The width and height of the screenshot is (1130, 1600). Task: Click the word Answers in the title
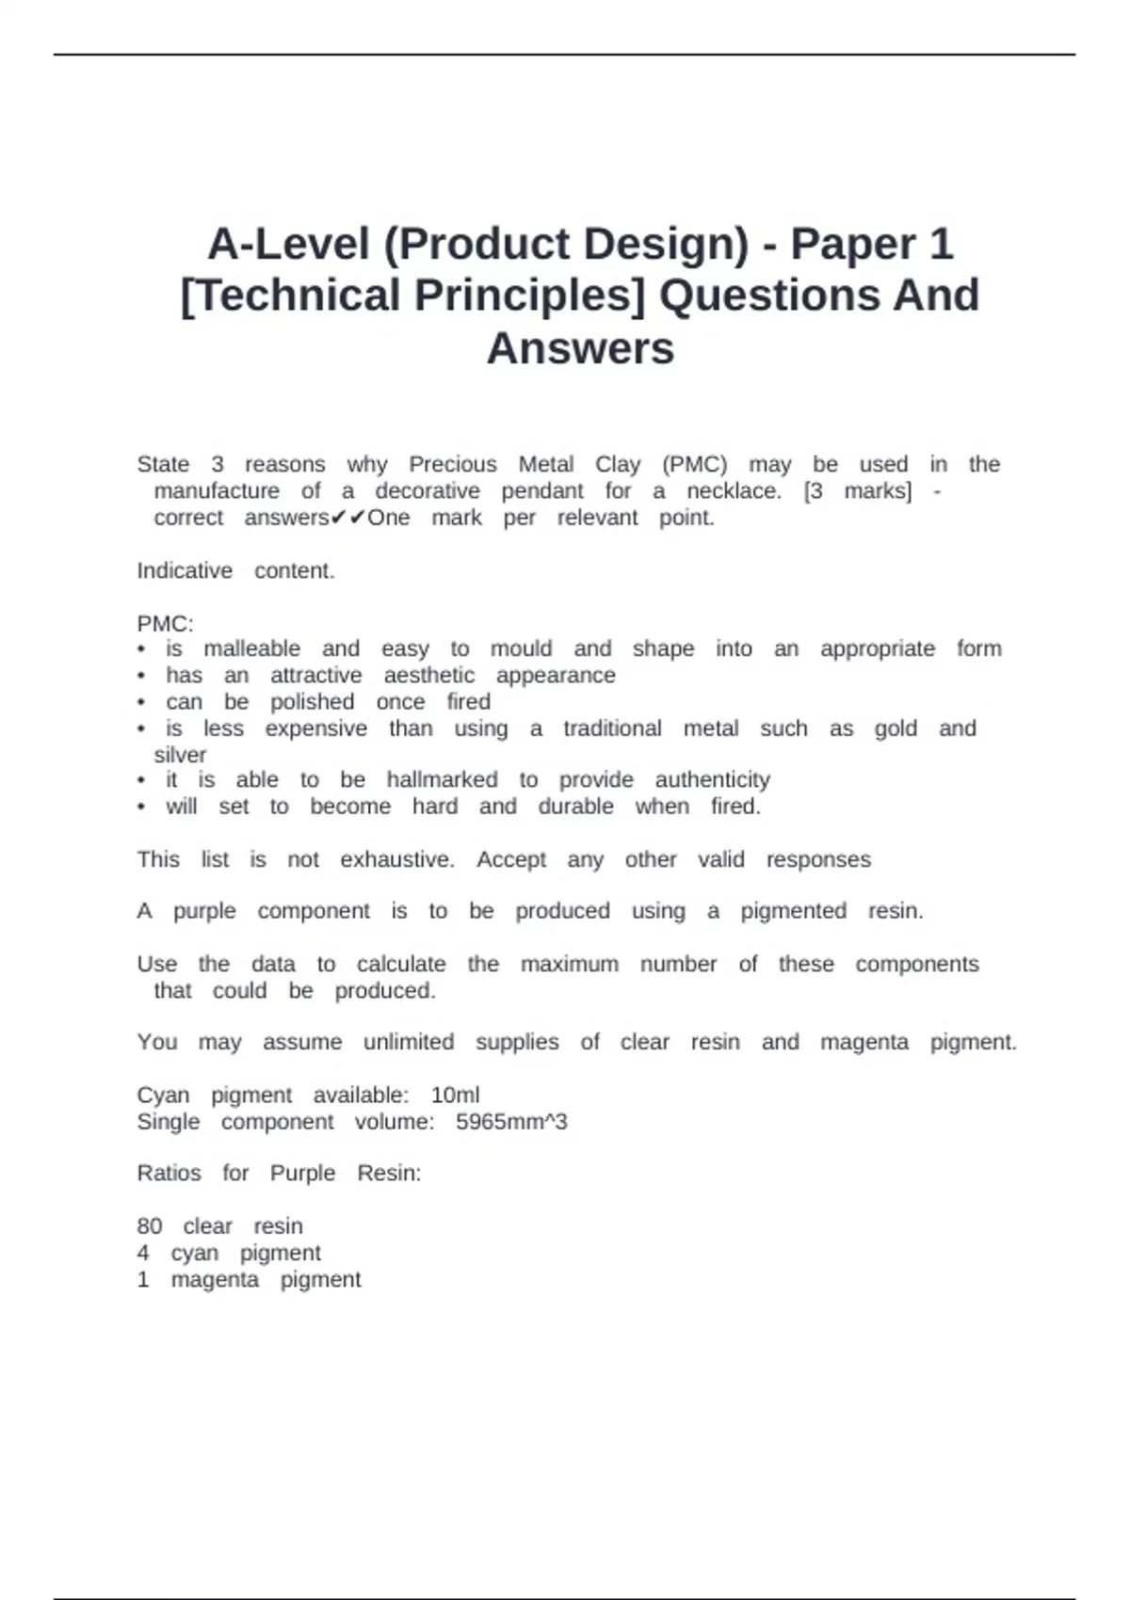580,348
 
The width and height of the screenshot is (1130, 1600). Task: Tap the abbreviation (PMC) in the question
694,464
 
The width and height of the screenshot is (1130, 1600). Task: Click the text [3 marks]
857,490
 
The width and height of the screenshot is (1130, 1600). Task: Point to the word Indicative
185,570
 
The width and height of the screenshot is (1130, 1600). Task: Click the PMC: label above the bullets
165,624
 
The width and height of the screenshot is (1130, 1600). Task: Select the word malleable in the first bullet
251,648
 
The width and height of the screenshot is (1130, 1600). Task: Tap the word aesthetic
428,675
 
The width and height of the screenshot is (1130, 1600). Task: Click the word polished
312,701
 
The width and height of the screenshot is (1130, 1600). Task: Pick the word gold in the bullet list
895,728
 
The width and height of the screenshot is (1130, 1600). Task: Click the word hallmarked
442,779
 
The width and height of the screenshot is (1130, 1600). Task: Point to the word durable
575,806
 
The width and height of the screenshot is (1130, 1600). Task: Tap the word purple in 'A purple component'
203,910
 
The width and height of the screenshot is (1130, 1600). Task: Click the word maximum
570,964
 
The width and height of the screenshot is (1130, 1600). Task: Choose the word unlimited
408,1042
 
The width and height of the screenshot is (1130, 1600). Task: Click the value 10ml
455,1095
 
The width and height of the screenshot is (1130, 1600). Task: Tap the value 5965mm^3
511,1121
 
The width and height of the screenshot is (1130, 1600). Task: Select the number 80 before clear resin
149,1226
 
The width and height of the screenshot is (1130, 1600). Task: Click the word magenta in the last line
214,1279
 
